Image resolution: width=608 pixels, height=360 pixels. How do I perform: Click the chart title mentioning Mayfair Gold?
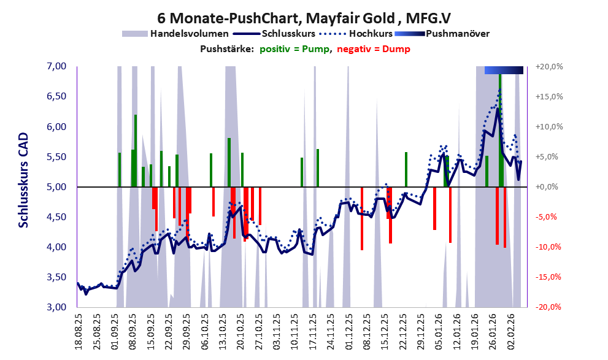[x=303, y=17]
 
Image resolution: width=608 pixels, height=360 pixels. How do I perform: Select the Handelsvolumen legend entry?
[x=190, y=34]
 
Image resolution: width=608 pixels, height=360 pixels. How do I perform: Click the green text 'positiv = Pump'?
[x=293, y=49]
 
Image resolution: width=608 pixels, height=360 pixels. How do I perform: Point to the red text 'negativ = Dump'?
[x=373, y=49]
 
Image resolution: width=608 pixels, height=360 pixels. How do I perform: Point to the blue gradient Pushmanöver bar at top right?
[x=504, y=70]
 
